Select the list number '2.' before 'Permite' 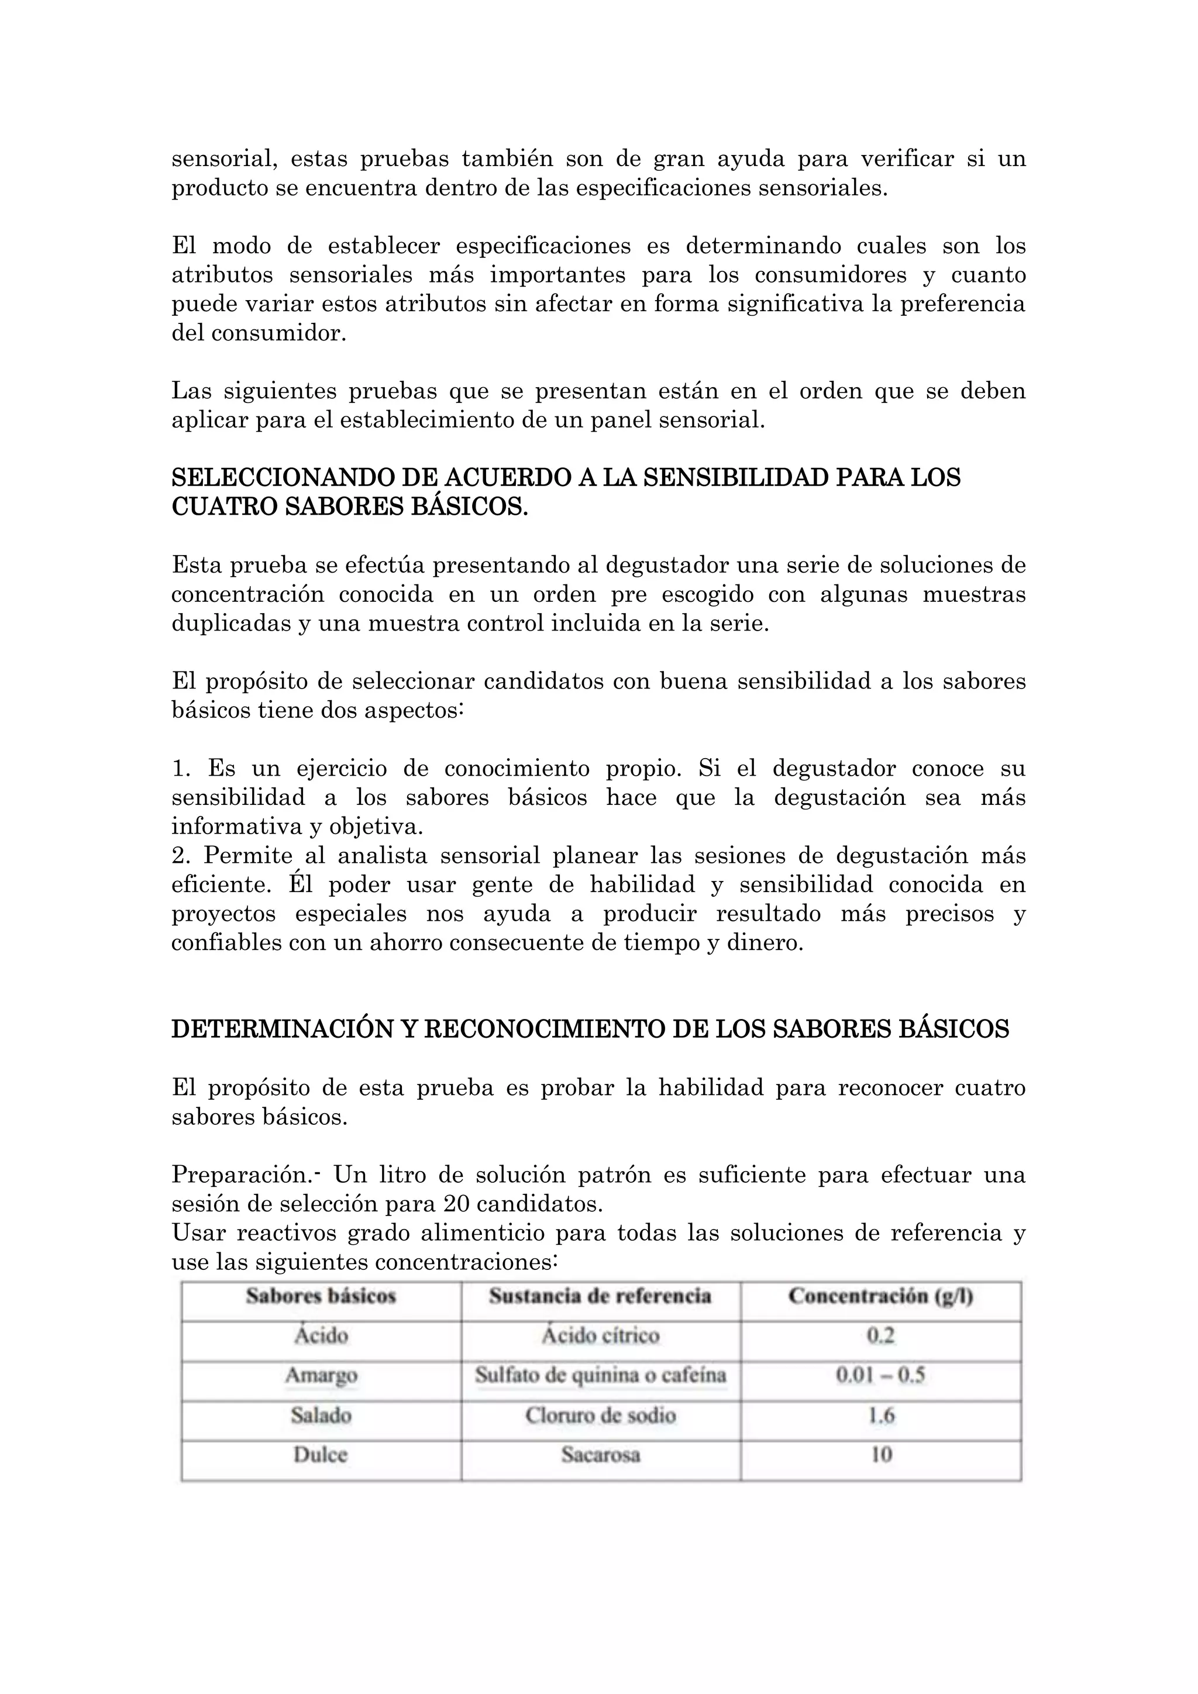181,855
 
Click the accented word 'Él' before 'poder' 301,884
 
